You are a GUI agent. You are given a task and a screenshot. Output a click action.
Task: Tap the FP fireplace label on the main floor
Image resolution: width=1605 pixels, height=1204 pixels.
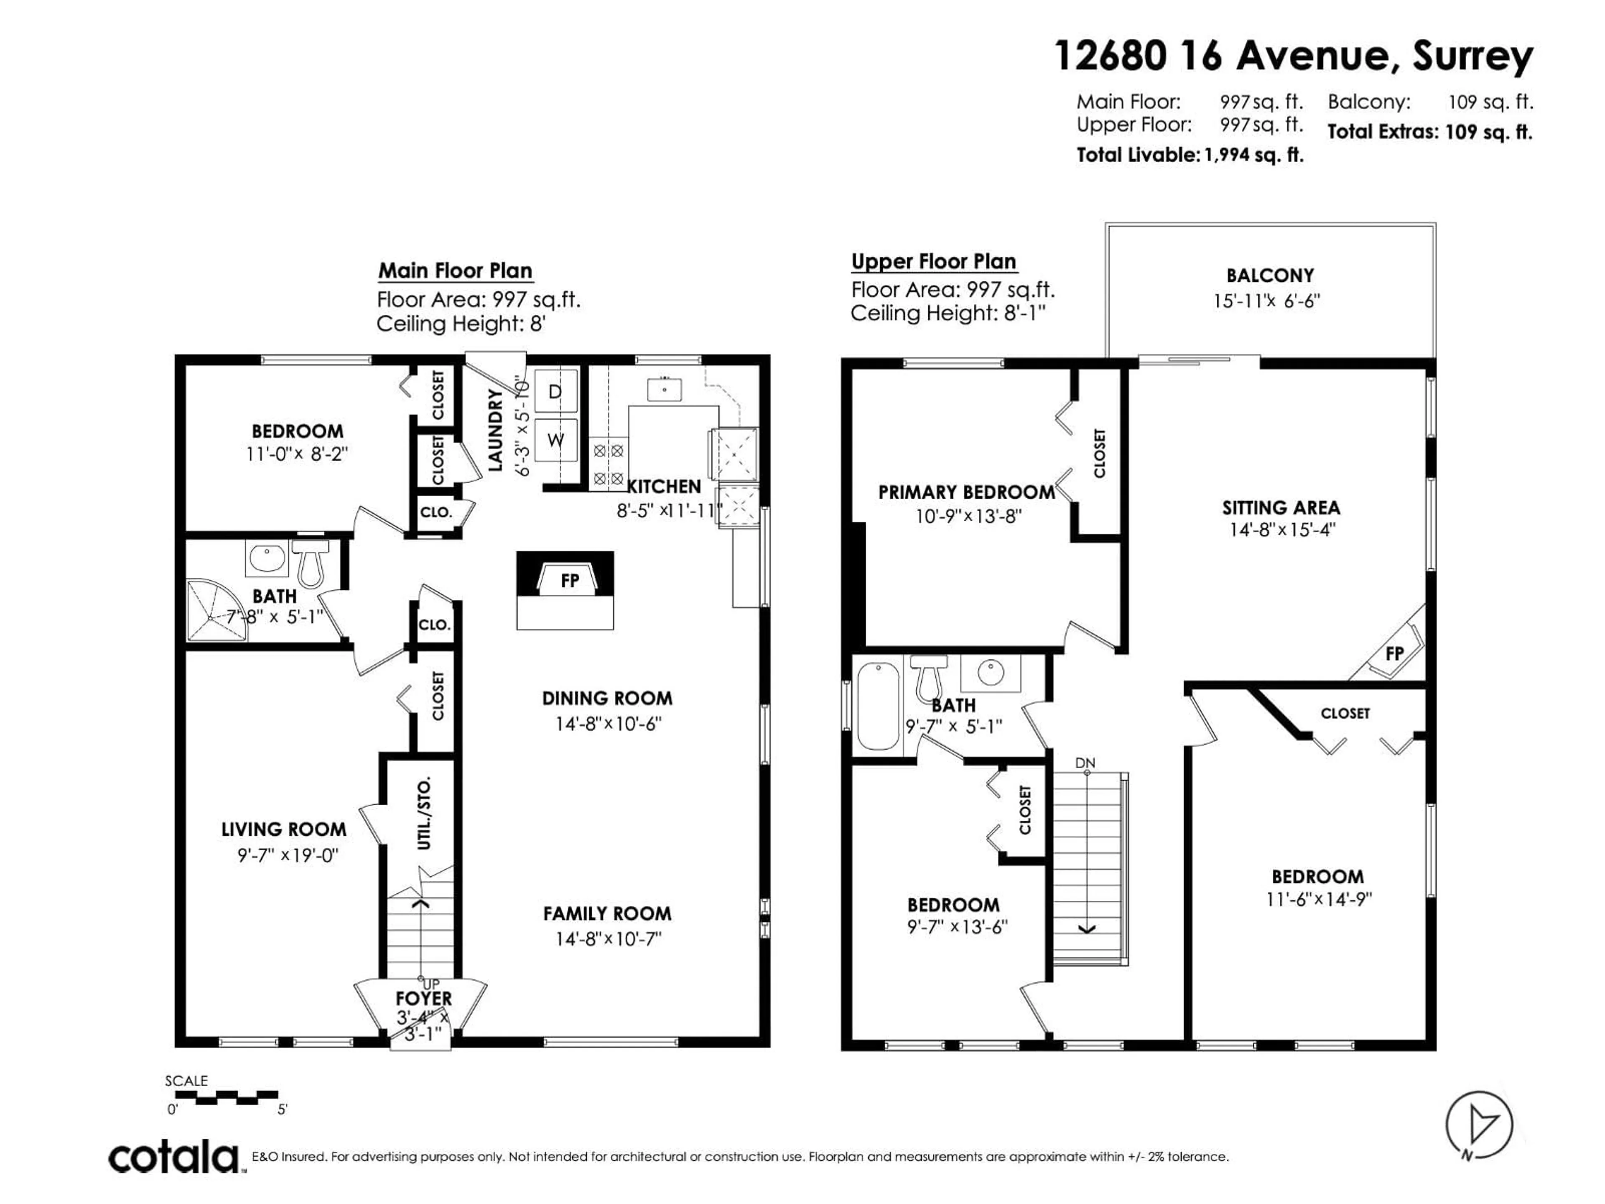(570, 581)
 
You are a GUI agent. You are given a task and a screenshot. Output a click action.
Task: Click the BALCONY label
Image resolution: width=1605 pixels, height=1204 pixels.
(1270, 276)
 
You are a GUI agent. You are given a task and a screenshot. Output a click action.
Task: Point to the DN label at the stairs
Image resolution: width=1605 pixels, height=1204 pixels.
(1085, 763)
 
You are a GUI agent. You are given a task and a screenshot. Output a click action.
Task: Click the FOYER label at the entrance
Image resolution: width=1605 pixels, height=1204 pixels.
(424, 999)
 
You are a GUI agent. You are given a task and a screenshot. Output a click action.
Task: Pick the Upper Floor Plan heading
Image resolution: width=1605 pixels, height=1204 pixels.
(933, 261)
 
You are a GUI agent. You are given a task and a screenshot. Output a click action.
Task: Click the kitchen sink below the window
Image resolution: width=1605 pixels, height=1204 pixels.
(665, 390)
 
